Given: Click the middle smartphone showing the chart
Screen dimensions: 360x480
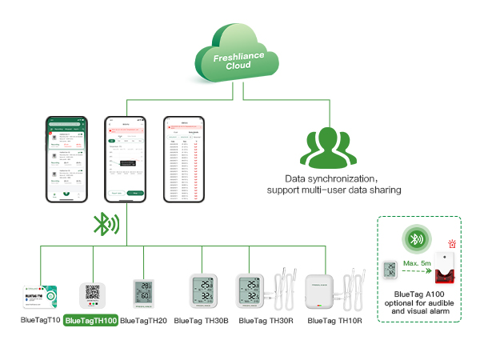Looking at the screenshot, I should click(x=126, y=159).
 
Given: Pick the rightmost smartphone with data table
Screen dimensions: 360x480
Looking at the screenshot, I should click(x=183, y=159).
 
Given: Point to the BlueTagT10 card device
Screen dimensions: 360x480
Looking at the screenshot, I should click(x=40, y=294).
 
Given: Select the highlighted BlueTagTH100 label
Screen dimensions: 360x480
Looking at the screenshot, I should click(x=90, y=321).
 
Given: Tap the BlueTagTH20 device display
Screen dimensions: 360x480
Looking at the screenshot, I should click(x=143, y=293).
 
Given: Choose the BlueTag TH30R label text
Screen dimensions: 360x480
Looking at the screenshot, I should click(x=266, y=321).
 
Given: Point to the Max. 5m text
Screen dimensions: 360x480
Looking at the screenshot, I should click(x=417, y=264).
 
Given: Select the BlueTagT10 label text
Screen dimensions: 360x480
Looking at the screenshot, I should click(x=40, y=321).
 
